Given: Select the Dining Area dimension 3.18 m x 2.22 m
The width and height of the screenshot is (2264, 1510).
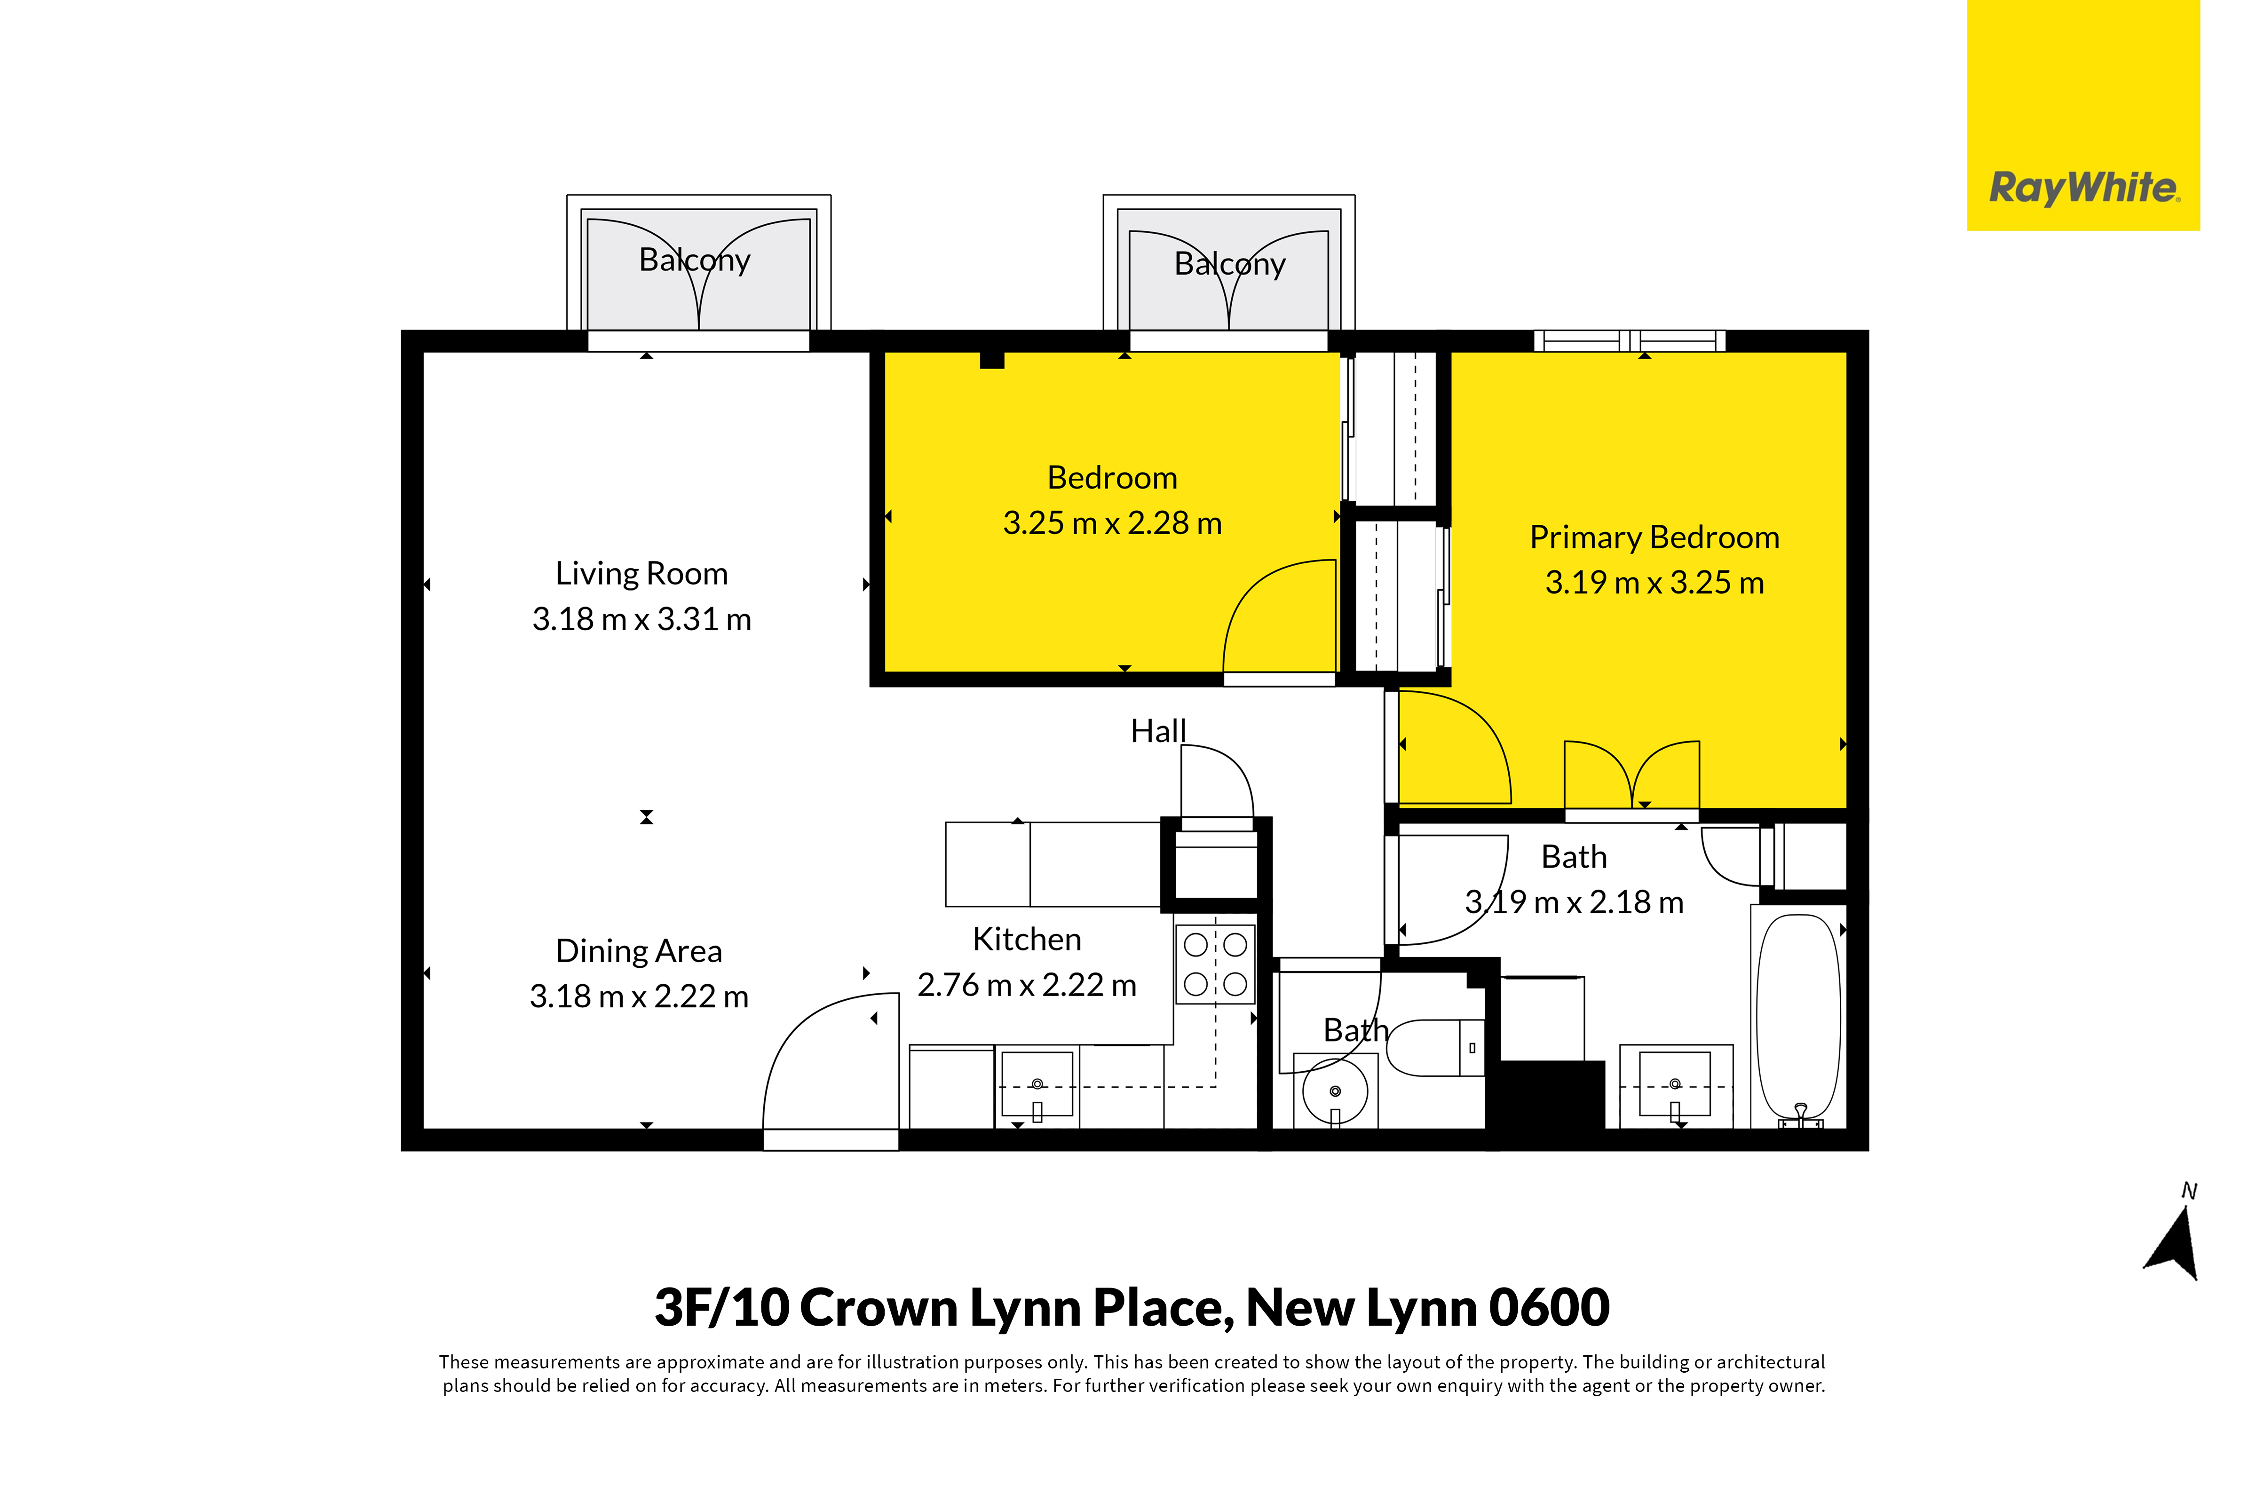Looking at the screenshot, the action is coord(639,996).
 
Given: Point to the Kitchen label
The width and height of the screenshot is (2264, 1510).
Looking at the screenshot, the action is coord(1027,939).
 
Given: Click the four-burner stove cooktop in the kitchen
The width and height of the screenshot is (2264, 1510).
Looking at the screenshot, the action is coord(1215,964).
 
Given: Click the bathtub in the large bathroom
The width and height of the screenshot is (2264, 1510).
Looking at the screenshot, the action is coord(1799,1021).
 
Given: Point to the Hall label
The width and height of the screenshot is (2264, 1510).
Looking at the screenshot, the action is coord(1158,731).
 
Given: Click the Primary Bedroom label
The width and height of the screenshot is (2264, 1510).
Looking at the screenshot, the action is coord(1654,538).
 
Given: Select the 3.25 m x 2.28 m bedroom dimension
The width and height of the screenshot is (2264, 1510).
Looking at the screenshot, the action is coord(1112,523).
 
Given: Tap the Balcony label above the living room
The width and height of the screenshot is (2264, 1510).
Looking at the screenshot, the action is coord(694,260).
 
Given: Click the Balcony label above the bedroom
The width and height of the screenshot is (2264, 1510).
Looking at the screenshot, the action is coord(1230,264).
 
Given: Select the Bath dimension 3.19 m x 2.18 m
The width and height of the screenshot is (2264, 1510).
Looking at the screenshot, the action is coord(1575,902).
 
